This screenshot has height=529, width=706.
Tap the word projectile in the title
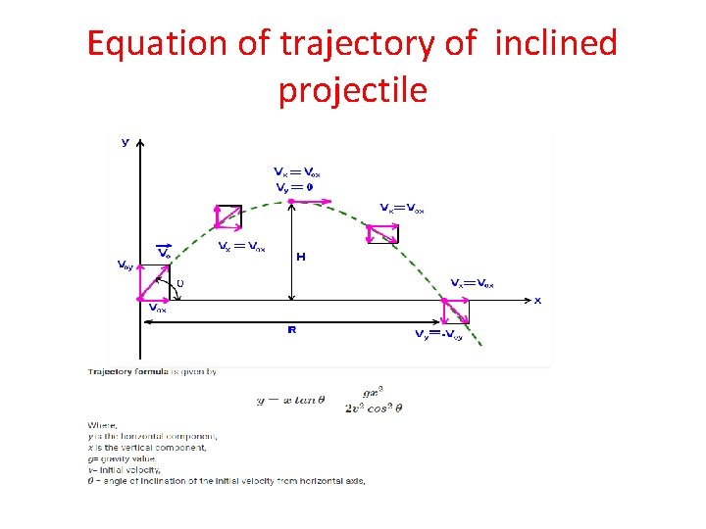(353, 89)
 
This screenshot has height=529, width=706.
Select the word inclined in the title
(557, 44)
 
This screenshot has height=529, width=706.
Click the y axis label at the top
(125, 142)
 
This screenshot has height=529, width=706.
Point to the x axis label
(536, 300)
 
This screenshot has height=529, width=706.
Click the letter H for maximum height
(300, 256)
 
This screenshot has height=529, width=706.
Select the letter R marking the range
(291, 330)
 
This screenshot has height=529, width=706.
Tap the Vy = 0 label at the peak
(295, 187)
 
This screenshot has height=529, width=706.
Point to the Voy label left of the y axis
(126, 264)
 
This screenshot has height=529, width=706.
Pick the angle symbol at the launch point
(179, 284)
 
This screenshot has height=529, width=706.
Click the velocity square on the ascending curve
(227, 217)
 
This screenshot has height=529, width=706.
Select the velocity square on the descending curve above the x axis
(380, 233)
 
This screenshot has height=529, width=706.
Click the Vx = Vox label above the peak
(298, 173)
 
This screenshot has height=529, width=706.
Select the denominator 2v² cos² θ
(375, 408)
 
